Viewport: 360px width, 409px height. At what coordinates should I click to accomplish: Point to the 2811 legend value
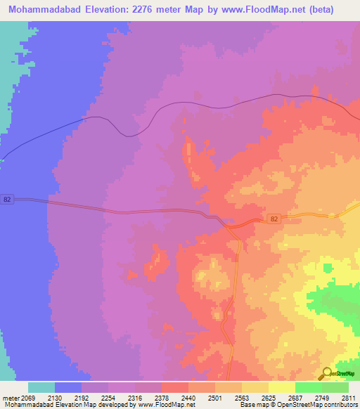[347, 397]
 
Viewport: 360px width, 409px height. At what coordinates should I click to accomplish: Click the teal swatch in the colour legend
[41, 387]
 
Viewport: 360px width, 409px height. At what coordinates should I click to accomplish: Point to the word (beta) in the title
[319, 9]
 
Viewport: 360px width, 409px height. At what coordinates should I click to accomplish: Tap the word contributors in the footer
[340, 405]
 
